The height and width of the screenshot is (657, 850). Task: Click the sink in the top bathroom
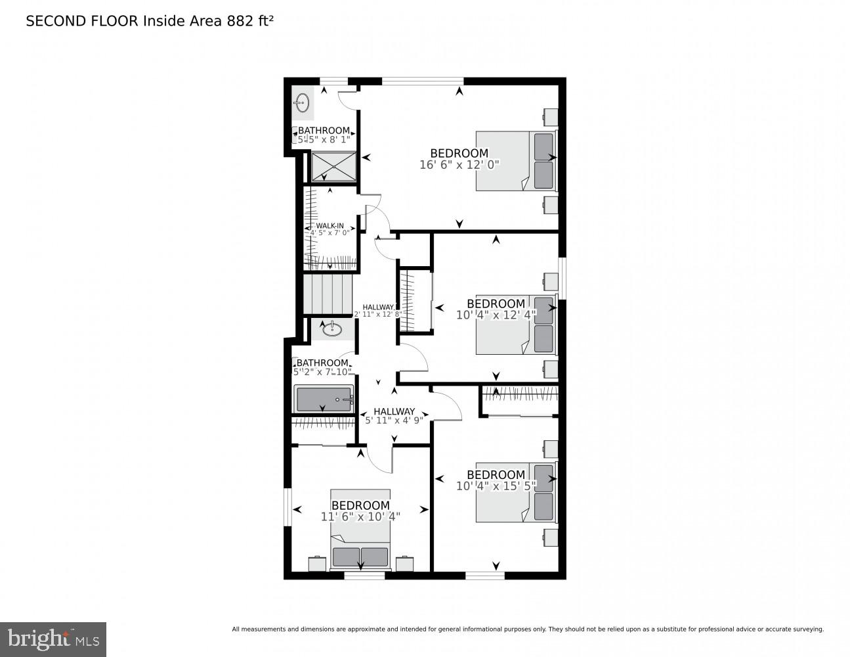pos(302,102)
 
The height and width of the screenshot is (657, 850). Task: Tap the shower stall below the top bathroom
pos(333,167)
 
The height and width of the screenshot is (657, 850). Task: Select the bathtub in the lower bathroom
pos(324,399)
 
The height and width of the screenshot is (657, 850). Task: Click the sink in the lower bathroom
pos(332,328)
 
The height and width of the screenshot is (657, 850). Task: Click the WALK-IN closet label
pos(329,226)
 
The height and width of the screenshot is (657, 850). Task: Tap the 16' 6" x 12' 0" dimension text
pos(459,165)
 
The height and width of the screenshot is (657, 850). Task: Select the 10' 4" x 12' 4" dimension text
pos(496,315)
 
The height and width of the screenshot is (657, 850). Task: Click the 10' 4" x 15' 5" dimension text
pos(496,486)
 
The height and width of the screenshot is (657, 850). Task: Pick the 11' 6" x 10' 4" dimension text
pos(360,517)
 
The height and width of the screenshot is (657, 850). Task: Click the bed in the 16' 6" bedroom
pos(515,161)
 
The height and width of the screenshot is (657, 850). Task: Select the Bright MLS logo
pos(53,639)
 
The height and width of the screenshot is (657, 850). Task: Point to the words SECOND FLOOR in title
pos(82,21)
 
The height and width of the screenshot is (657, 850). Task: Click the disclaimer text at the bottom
pos(527,629)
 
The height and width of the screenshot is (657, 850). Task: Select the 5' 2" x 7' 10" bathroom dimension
pos(322,372)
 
